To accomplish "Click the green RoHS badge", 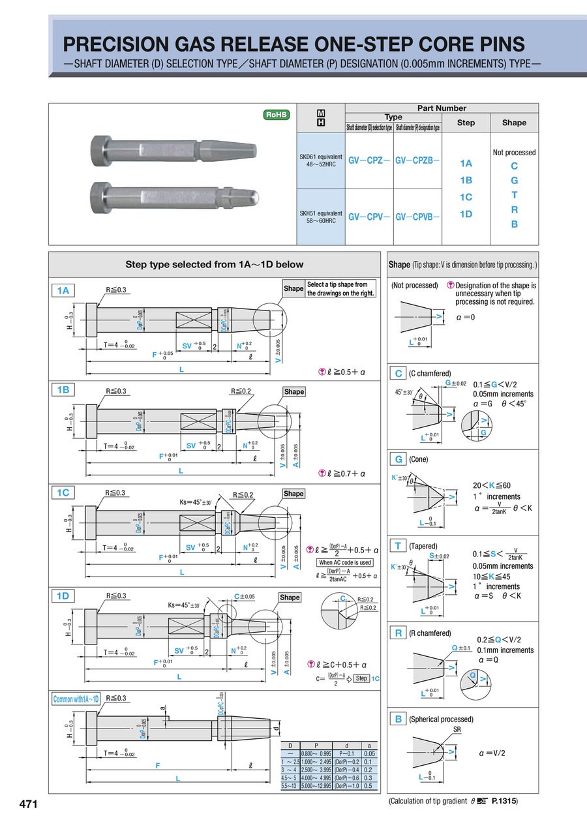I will click(x=275, y=115).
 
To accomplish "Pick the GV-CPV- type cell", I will click(x=369, y=216).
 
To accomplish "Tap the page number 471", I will click(x=28, y=804).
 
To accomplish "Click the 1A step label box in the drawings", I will click(x=63, y=291).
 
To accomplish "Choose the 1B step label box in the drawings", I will click(x=63, y=389).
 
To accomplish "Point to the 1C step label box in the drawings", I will click(x=63, y=492).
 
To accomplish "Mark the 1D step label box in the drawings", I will click(x=63, y=595).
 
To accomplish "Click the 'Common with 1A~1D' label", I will click(x=76, y=699).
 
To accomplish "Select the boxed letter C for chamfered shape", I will click(x=397, y=374).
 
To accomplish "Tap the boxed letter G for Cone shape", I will click(x=397, y=459).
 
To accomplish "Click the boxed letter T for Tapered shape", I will click(x=397, y=546).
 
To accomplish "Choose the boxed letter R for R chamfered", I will click(x=397, y=633).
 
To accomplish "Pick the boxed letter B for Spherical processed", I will click(x=397, y=719).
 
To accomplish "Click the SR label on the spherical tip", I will click(x=457, y=730).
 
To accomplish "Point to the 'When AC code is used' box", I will click(x=345, y=562).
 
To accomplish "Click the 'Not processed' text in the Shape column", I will click(x=514, y=153).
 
